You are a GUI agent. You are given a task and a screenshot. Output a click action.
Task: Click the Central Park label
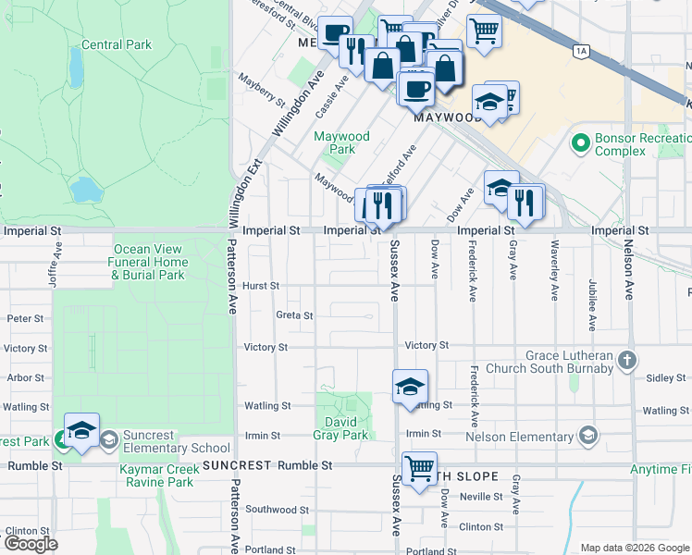(116, 43)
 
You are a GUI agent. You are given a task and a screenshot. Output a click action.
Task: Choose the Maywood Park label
(341, 142)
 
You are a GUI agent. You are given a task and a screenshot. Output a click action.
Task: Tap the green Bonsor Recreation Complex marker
(581, 143)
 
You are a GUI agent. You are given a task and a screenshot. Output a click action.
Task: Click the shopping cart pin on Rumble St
(420, 468)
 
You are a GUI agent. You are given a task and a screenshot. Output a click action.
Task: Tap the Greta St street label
(295, 315)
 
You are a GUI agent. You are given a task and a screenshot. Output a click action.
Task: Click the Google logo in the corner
(31, 544)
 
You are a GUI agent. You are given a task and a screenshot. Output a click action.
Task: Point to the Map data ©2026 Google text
(635, 548)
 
